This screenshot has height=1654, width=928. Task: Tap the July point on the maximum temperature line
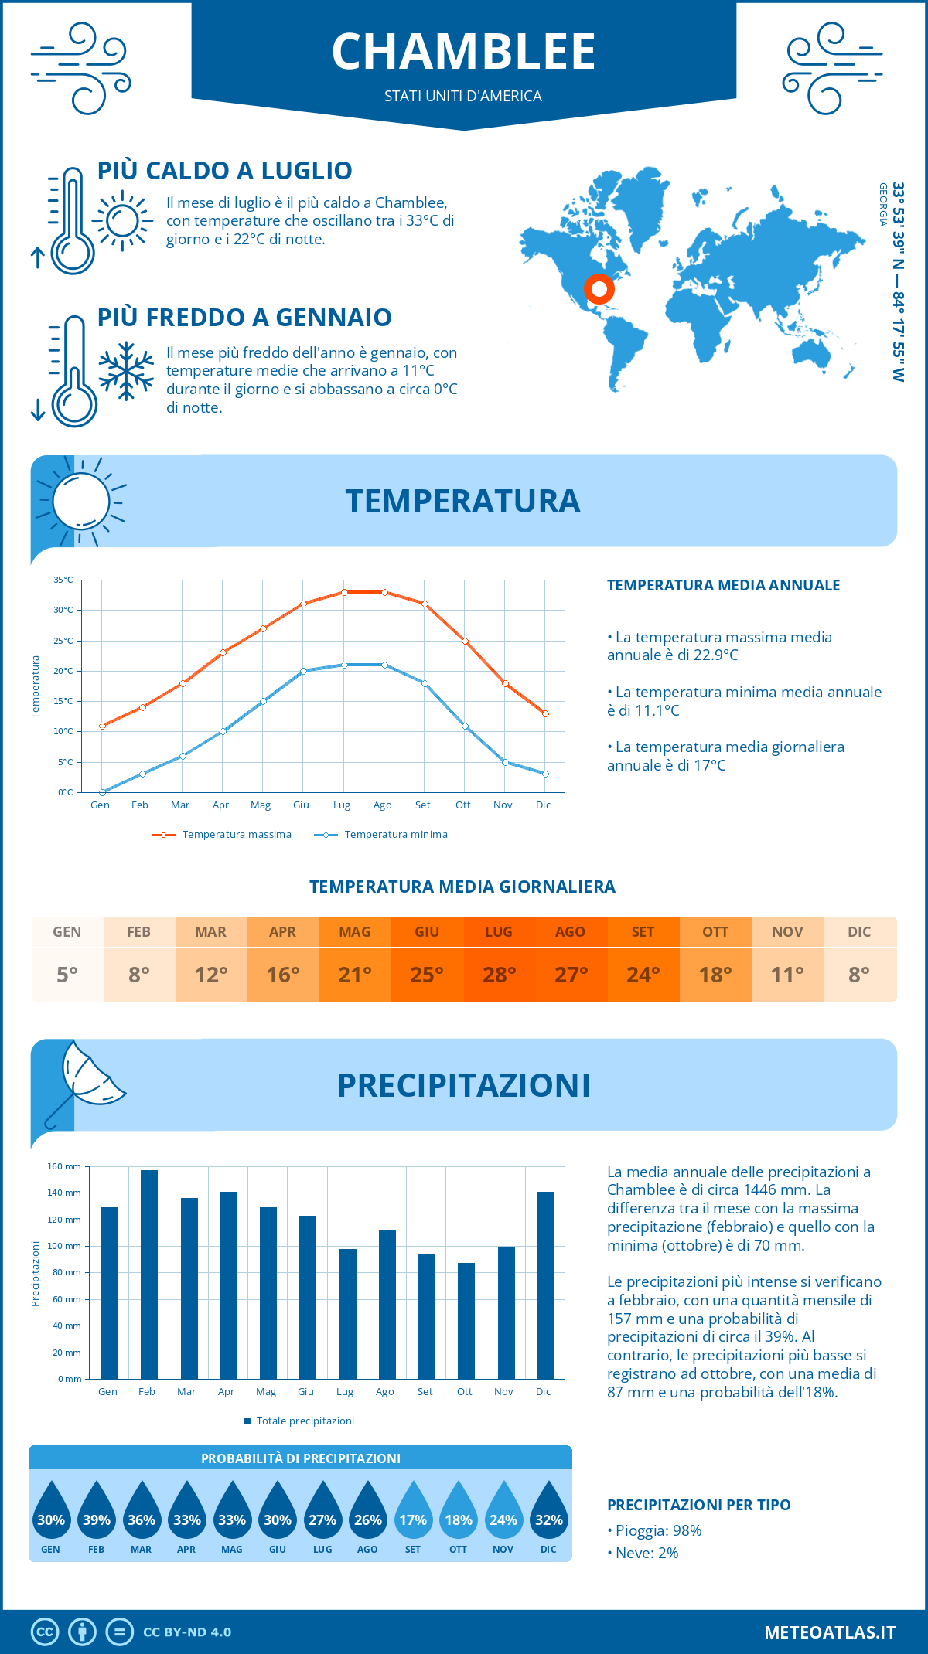[344, 592]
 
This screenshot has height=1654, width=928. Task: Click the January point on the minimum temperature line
[102, 792]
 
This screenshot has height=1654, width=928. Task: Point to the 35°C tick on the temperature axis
[63, 580]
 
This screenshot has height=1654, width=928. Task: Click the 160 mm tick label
[64, 1166]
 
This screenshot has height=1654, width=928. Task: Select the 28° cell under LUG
[499, 975]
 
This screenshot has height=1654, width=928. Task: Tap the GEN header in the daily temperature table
[67, 932]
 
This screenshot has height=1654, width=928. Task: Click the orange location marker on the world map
[599, 289]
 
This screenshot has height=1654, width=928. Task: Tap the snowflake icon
[126, 370]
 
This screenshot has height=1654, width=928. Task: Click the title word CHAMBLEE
[463, 52]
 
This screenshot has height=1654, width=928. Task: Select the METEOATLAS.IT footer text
[830, 1632]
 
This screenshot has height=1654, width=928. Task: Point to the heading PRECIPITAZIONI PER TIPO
[698, 1505]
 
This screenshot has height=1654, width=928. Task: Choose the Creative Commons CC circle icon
[45, 1632]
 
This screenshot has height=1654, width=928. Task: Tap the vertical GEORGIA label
[882, 204]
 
